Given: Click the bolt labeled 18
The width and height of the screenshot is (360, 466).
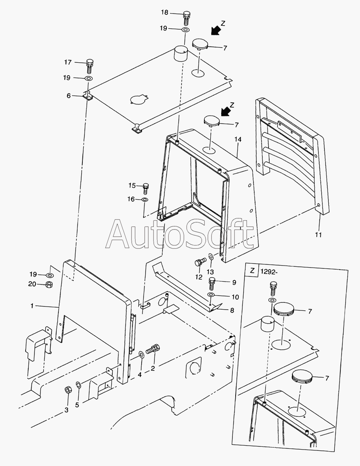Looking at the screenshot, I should pos(186,16).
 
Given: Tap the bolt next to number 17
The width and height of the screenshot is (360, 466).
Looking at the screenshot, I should pos(90,65).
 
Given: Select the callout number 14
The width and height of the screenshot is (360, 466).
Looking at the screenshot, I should pos(238,139).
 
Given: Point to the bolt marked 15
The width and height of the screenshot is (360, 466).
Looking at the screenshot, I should pos(146,187).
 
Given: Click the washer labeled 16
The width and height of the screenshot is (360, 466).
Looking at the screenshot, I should pos(145,199).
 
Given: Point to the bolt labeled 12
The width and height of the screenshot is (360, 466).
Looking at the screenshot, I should pos(199,263).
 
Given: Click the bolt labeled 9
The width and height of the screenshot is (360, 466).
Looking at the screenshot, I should pos(212,282).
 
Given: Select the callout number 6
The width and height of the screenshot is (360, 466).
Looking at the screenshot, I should pos(68,96).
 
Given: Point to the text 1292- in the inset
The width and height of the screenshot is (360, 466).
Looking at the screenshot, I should pos(268,271).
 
